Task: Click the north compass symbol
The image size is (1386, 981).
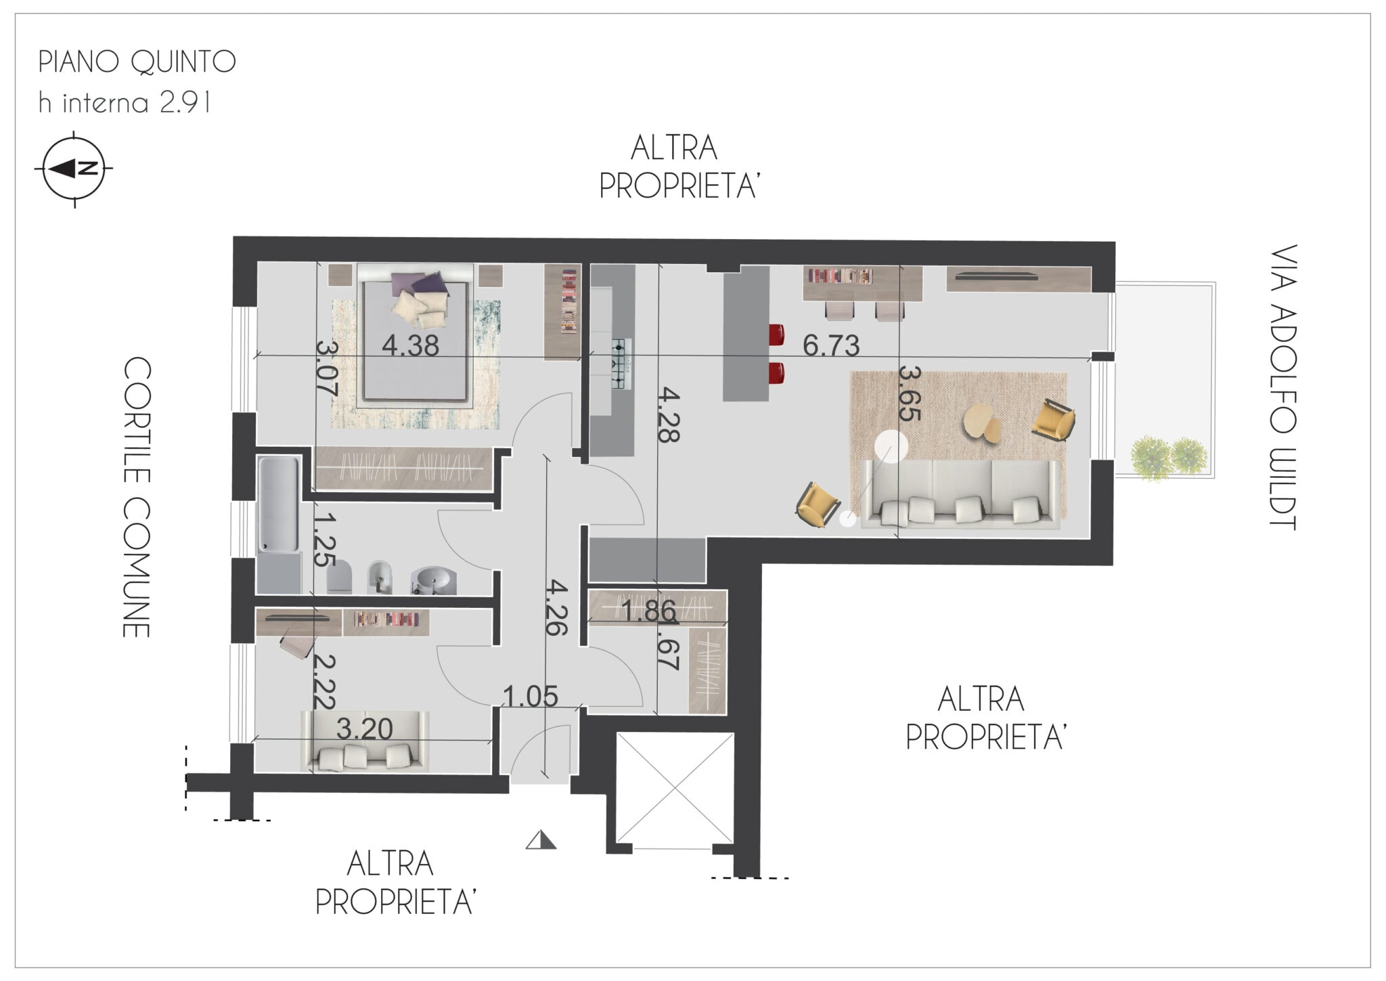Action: pyautogui.click(x=74, y=169)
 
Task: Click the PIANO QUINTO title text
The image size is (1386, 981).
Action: pyautogui.click(x=137, y=62)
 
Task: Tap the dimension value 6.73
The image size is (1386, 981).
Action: pyautogui.click(x=831, y=345)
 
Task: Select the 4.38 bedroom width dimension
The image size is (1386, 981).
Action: pyautogui.click(x=410, y=346)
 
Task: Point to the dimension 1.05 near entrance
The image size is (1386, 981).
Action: pyautogui.click(x=531, y=695)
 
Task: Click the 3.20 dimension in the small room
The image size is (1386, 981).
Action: pyautogui.click(x=365, y=729)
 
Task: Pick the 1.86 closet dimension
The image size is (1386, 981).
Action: pyautogui.click(x=648, y=611)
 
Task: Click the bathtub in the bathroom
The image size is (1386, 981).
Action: pyautogui.click(x=278, y=505)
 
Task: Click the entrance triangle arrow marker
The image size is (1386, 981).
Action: pyautogui.click(x=541, y=840)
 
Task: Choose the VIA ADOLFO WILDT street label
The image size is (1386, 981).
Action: pyautogui.click(x=1282, y=387)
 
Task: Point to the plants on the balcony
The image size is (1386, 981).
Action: pyautogui.click(x=1169, y=458)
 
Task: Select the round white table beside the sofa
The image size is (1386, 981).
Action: pyautogui.click(x=891, y=447)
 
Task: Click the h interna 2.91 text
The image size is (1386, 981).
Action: pyautogui.click(x=125, y=103)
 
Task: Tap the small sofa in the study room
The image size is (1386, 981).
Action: pyautogui.click(x=365, y=741)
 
